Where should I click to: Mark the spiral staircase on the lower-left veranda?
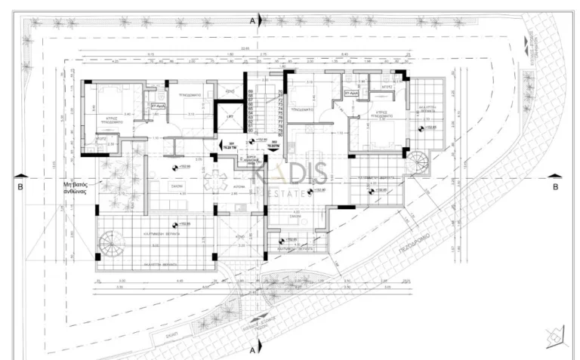click(113, 244)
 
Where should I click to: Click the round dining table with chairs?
click(214, 180)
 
